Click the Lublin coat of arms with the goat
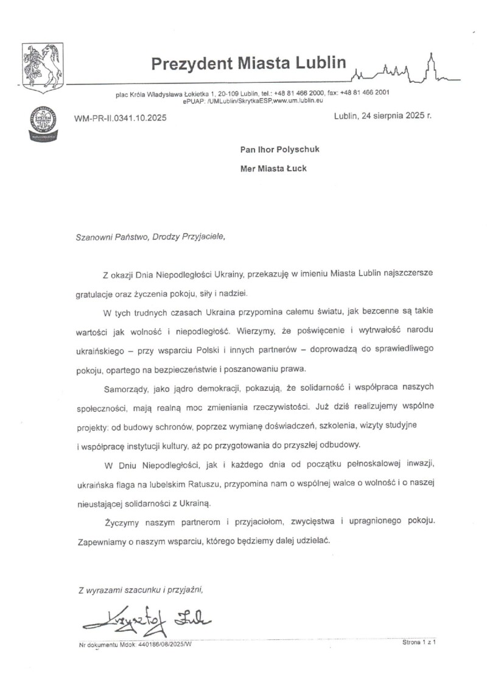coord(42,67)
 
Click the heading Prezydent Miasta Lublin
coord(248,63)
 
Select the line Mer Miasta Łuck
coord(273,169)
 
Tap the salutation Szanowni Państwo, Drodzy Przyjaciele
coord(150,237)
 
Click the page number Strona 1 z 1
coord(420,642)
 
